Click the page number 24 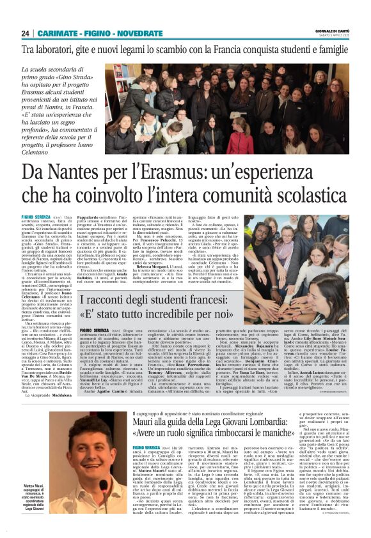tap(25, 33)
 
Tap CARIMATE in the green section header tap(60, 33)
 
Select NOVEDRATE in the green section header tap(138, 33)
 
